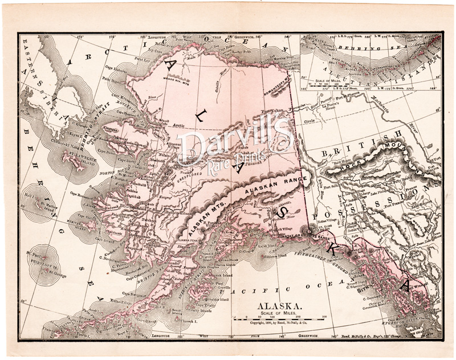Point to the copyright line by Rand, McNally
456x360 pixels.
click(x=278, y=323)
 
